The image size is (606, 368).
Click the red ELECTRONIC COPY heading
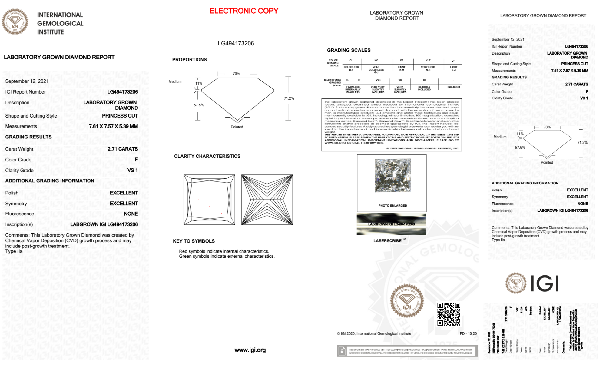(x=243, y=11)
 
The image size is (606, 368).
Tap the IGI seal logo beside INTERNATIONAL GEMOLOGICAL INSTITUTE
(x=15, y=22)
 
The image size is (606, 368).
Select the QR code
(x=449, y=314)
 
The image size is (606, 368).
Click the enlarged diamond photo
(x=392, y=175)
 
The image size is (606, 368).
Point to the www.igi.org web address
(x=250, y=350)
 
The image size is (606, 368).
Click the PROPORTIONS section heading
(x=189, y=60)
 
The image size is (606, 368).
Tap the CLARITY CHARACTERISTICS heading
(x=207, y=156)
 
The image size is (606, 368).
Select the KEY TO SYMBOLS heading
(x=194, y=241)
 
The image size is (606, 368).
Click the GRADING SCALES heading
(x=349, y=50)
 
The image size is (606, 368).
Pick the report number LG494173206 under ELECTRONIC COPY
(x=236, y=43)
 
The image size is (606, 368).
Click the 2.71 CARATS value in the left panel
(x=123, y=149)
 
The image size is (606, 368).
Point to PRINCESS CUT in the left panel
(x=120, y=116)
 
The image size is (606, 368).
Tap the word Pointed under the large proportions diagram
(x=237, y=127)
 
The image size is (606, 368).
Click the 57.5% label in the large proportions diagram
(x=199, y=105)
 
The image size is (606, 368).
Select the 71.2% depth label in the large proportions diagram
(x=289, y=98)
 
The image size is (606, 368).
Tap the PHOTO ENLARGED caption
(x=392, y=206)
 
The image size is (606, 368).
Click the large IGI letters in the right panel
(x=545, y=284)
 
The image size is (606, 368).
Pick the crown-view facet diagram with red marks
(x=209, y=200)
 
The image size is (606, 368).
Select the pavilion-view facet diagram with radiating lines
(x=267, y=200)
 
